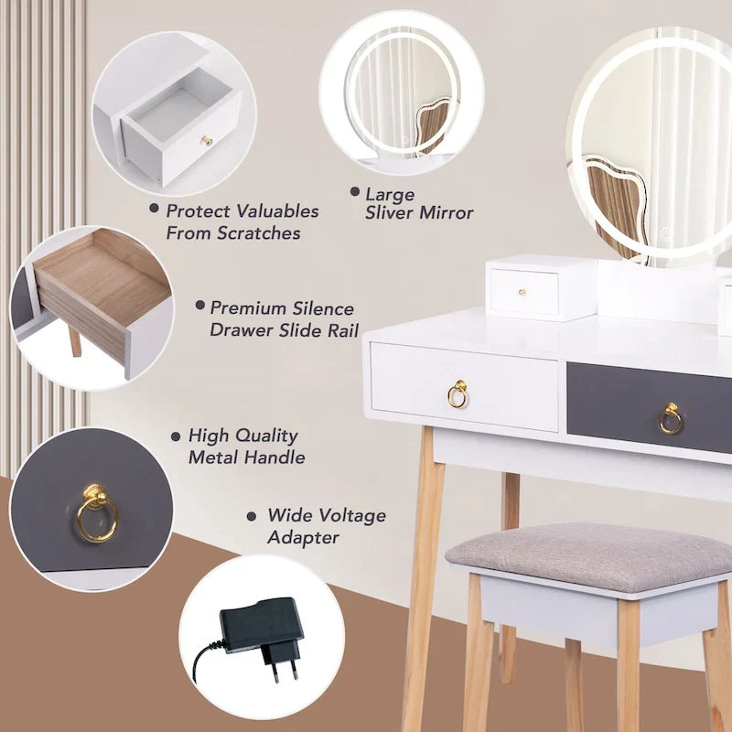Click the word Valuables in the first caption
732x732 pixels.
(272, 211)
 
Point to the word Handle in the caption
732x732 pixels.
(275, 457)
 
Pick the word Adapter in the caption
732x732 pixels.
(303, 538)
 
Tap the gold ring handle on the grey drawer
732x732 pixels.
(670, 420)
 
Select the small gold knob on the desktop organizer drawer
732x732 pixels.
(523, 292)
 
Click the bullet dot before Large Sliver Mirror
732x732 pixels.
(354, 193)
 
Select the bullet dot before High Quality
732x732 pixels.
(176, 437)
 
